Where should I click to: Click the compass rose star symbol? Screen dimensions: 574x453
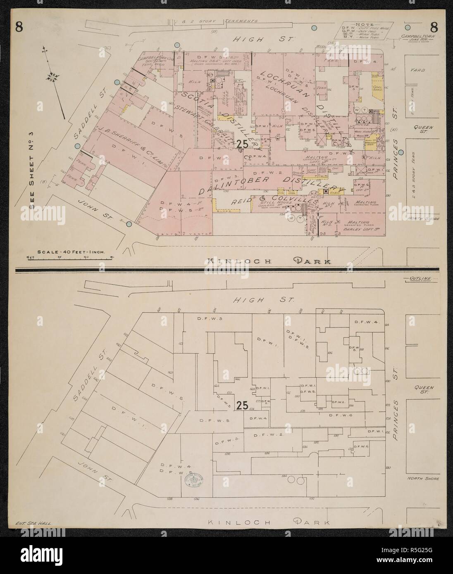[x=53, y=76]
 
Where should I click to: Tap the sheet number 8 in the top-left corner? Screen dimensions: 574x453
[x=19, y=28]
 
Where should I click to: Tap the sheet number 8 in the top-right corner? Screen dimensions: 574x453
[x=434, y=28]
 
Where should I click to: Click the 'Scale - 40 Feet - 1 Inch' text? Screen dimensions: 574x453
[x=72, y=251]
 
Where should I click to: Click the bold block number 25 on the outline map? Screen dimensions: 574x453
[x=242, y=406]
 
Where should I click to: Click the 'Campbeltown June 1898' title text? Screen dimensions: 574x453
[x=415, y=38]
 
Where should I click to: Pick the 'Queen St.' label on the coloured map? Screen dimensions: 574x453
[x=425, y=130]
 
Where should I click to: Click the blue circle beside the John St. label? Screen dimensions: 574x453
[x=129, y=224]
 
